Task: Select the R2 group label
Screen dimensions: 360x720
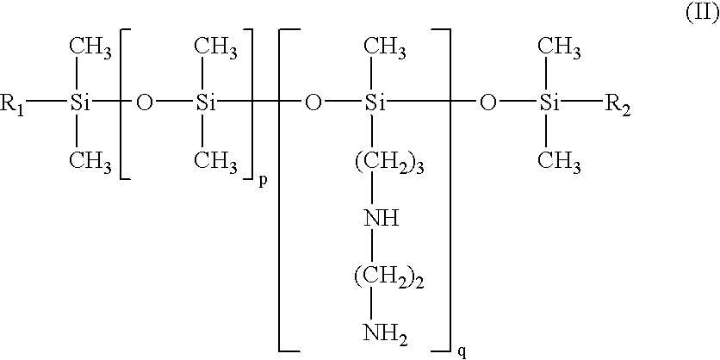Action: pos(618,106)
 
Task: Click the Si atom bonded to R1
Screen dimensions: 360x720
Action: pos(79,104)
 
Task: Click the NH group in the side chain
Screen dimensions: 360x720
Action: pos(382,218)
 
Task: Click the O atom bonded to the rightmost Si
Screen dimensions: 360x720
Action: pos(488,104)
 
